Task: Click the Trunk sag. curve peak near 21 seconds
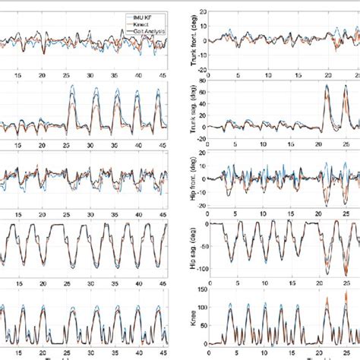click(x=327, y=86)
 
